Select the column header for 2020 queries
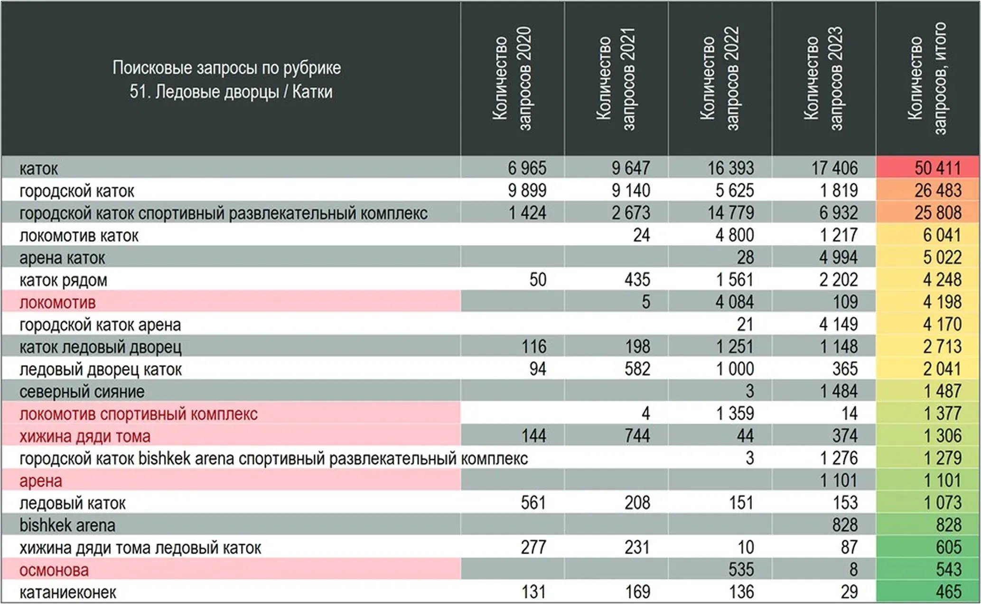pos(512,78)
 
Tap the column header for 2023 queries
pos(823,78)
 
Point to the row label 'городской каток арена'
pos(100,325)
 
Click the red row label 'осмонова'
pos(54,570)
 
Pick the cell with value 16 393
pos(730,168)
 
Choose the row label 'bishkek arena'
pos(67,525)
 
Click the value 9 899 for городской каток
pos(527,190)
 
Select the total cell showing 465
pos(948,592)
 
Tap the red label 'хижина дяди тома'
pos(85,436)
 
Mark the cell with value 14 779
pos(730,213)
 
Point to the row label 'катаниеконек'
pos(67,592)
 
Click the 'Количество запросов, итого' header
pos(927,78)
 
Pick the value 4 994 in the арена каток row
pos(838,257)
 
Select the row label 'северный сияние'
pos(82,392)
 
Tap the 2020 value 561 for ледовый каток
pos(533,503)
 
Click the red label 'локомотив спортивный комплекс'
pos(139,414)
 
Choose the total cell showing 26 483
pos(937,190)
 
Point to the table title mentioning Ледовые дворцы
pos(227,79)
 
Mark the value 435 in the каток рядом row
pos(637,280)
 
